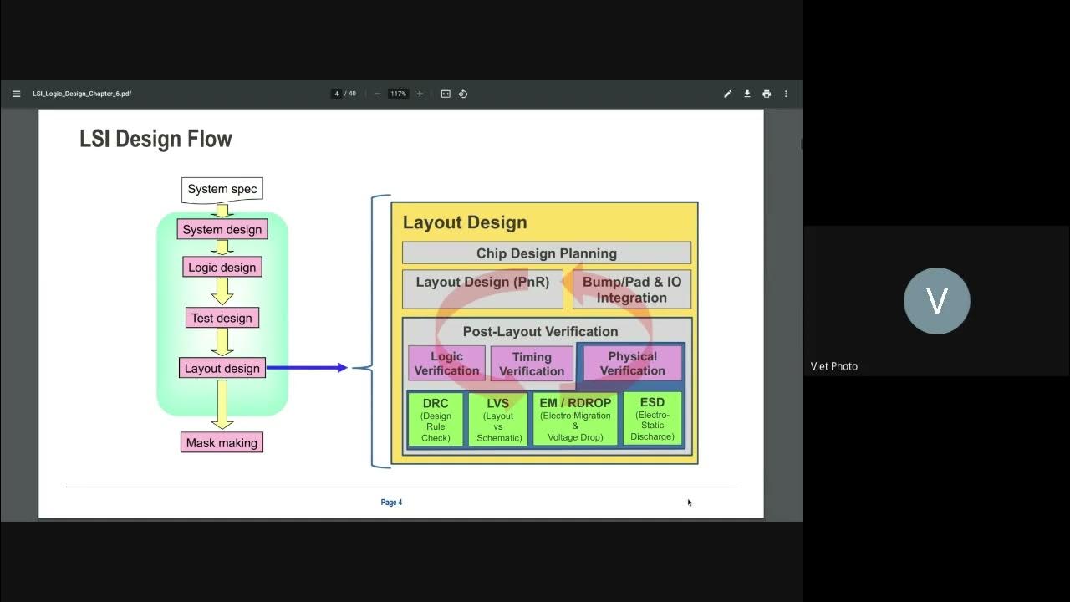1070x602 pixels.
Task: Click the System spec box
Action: (x=222, y=190)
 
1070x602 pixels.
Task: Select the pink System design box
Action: (x=222, y=229)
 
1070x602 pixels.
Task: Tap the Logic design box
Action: (x=222, y=268)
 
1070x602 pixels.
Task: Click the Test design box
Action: (x=222, y=318)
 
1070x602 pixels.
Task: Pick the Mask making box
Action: (x=222, y=443)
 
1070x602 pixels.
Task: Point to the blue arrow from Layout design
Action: (x=306, y=367)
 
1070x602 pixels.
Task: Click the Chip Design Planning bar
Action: (x=546, y=253)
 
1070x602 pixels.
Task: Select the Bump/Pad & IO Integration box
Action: (x=631, y=289)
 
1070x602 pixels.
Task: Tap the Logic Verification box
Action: (x=446, y=364)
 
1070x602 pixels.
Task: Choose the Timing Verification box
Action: (x=532, y=364)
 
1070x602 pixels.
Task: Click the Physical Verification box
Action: (x=632, y=364)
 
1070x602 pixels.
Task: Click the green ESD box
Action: (x=652, y=419)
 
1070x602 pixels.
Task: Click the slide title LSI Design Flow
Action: (x=155, y=139)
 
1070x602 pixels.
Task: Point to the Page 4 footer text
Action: (x=391, y=503)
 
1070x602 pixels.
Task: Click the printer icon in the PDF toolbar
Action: (x=767, y=94)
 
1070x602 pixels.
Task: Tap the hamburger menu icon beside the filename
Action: (x=16, y=94)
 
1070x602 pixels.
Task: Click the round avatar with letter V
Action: (x=936, y=301)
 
